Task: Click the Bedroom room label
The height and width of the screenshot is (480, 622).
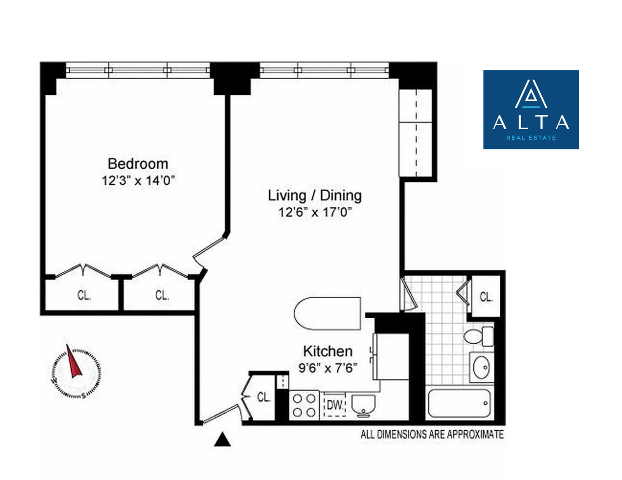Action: [137, 164]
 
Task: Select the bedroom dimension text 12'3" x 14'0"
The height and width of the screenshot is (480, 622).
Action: [137, 181]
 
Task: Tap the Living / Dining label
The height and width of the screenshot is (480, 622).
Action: [314, 195]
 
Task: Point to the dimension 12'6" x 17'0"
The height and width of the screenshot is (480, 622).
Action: [314, 212]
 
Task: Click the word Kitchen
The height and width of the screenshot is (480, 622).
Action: [327, 351]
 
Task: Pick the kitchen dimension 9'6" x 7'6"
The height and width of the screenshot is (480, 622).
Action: [327, 368]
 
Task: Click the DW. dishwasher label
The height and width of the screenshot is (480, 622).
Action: [335, 405]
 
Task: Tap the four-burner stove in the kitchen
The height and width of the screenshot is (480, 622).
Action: [304, 405]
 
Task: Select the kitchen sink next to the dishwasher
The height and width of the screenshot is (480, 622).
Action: [363, 405]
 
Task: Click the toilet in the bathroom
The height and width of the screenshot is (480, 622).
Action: [479, 336]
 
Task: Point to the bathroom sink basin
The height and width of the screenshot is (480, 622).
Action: [481, 368]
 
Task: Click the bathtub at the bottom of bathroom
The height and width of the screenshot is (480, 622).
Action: [460, 403]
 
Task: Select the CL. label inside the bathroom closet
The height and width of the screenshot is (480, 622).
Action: [486, 297]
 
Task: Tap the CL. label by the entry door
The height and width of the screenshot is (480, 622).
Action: [263, 397]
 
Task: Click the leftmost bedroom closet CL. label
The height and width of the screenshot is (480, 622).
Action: [84, 295]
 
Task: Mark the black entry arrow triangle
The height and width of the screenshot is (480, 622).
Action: [222, 440]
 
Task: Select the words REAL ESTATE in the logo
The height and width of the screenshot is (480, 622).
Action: [531, 138]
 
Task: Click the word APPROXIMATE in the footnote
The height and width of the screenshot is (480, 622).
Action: [475, 434]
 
